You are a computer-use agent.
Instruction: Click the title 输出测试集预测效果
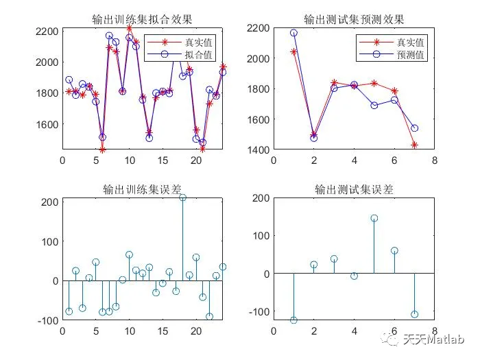(x=354, y=19)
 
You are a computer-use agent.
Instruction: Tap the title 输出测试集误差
(x=354, y=189)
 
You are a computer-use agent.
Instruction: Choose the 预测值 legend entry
(x=411, y=55)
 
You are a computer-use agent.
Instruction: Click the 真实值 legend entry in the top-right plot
(x=411, y=43)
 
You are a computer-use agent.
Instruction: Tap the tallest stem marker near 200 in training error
(x=182, y=197)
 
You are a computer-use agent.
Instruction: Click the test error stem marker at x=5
(x=374, y=218)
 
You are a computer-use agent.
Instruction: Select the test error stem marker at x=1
(x=293, y=320)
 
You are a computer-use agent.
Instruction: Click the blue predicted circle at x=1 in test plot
(x=293, y=33)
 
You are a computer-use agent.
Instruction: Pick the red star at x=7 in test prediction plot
(x=414, y=145)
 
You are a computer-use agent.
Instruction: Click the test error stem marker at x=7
(x=414, y=314)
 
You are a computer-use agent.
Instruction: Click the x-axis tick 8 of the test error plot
(x=434, y=331)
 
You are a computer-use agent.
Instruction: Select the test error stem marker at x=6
(x=394, y=250)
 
